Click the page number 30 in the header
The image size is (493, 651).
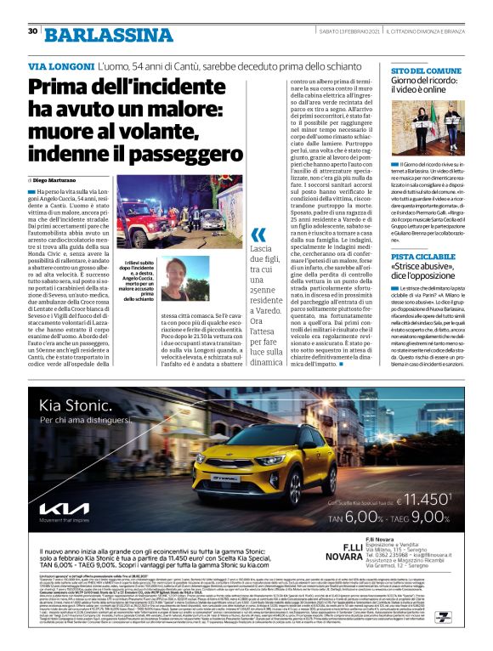point(31,8)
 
